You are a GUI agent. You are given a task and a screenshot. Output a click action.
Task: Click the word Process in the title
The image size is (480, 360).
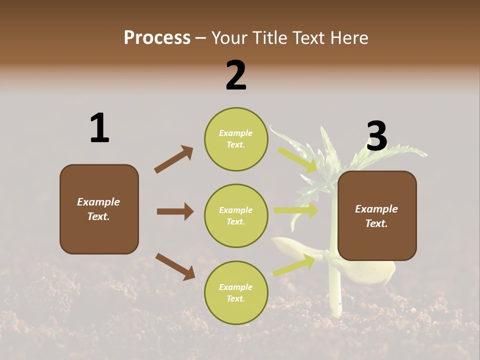(x=157, y=38)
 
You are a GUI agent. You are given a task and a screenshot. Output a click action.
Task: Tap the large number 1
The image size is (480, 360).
(x=99, y=128)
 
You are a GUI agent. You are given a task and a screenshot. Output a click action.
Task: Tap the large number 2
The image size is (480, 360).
(x=236, y=75)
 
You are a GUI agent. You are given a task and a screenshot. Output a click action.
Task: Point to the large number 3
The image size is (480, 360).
(x=377, y=136)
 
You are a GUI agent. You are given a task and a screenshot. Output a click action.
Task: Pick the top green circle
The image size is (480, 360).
(x=236, y=139)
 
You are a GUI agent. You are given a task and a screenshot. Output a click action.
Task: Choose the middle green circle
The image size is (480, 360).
(x=236, y=215)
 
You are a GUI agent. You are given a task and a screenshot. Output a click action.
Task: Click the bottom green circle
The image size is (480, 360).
(x=236, y=292)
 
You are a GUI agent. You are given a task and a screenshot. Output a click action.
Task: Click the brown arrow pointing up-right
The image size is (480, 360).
(x=173, y=159)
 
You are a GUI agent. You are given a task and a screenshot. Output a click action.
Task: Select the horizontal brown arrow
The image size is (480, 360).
(x=175, y=211)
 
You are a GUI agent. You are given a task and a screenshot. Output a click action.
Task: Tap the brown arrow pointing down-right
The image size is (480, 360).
(x=175, y=266)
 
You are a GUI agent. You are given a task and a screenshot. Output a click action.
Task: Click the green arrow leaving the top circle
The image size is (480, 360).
(x=297, y=159)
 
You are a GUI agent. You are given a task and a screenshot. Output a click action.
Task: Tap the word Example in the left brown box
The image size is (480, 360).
(x=98, y=202)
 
